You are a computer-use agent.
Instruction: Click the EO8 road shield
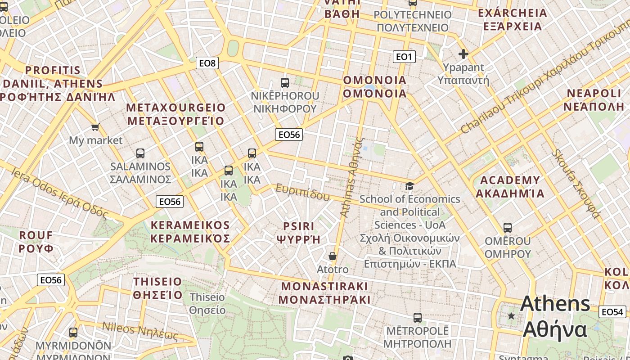(x=207, y=63)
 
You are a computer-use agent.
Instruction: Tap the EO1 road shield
(x=404, y=56)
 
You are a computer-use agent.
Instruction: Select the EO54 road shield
(x=612, y=312)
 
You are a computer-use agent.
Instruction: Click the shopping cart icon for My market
(x=95, y=127)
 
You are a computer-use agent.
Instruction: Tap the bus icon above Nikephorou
(x=284, y=82)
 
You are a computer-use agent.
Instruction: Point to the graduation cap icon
(x=409, y=186)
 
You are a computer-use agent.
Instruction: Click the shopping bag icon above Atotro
(x=333, y=256)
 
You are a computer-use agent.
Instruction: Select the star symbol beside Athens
(x=511, y=316)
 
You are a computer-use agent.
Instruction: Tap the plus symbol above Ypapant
(x=463, y=54)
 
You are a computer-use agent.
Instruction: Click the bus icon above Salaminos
(x=140, y=153)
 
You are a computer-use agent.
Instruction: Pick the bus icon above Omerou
(x=508, y=228)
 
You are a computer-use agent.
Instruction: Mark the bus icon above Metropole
(x=418, y=318)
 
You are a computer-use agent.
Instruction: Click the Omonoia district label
(x=375, y=87)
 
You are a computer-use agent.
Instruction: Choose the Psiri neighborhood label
(x=299, y=233)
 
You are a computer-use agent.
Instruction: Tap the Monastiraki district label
(x=324, y=293)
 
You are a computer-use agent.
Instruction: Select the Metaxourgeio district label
(x=175, y=114)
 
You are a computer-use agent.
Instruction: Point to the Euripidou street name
(x=302, y=192)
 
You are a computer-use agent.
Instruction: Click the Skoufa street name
(x=576, y=184)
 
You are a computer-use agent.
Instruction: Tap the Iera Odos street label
(x=58, y=192)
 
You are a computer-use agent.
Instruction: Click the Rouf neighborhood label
(x=36, y=242)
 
